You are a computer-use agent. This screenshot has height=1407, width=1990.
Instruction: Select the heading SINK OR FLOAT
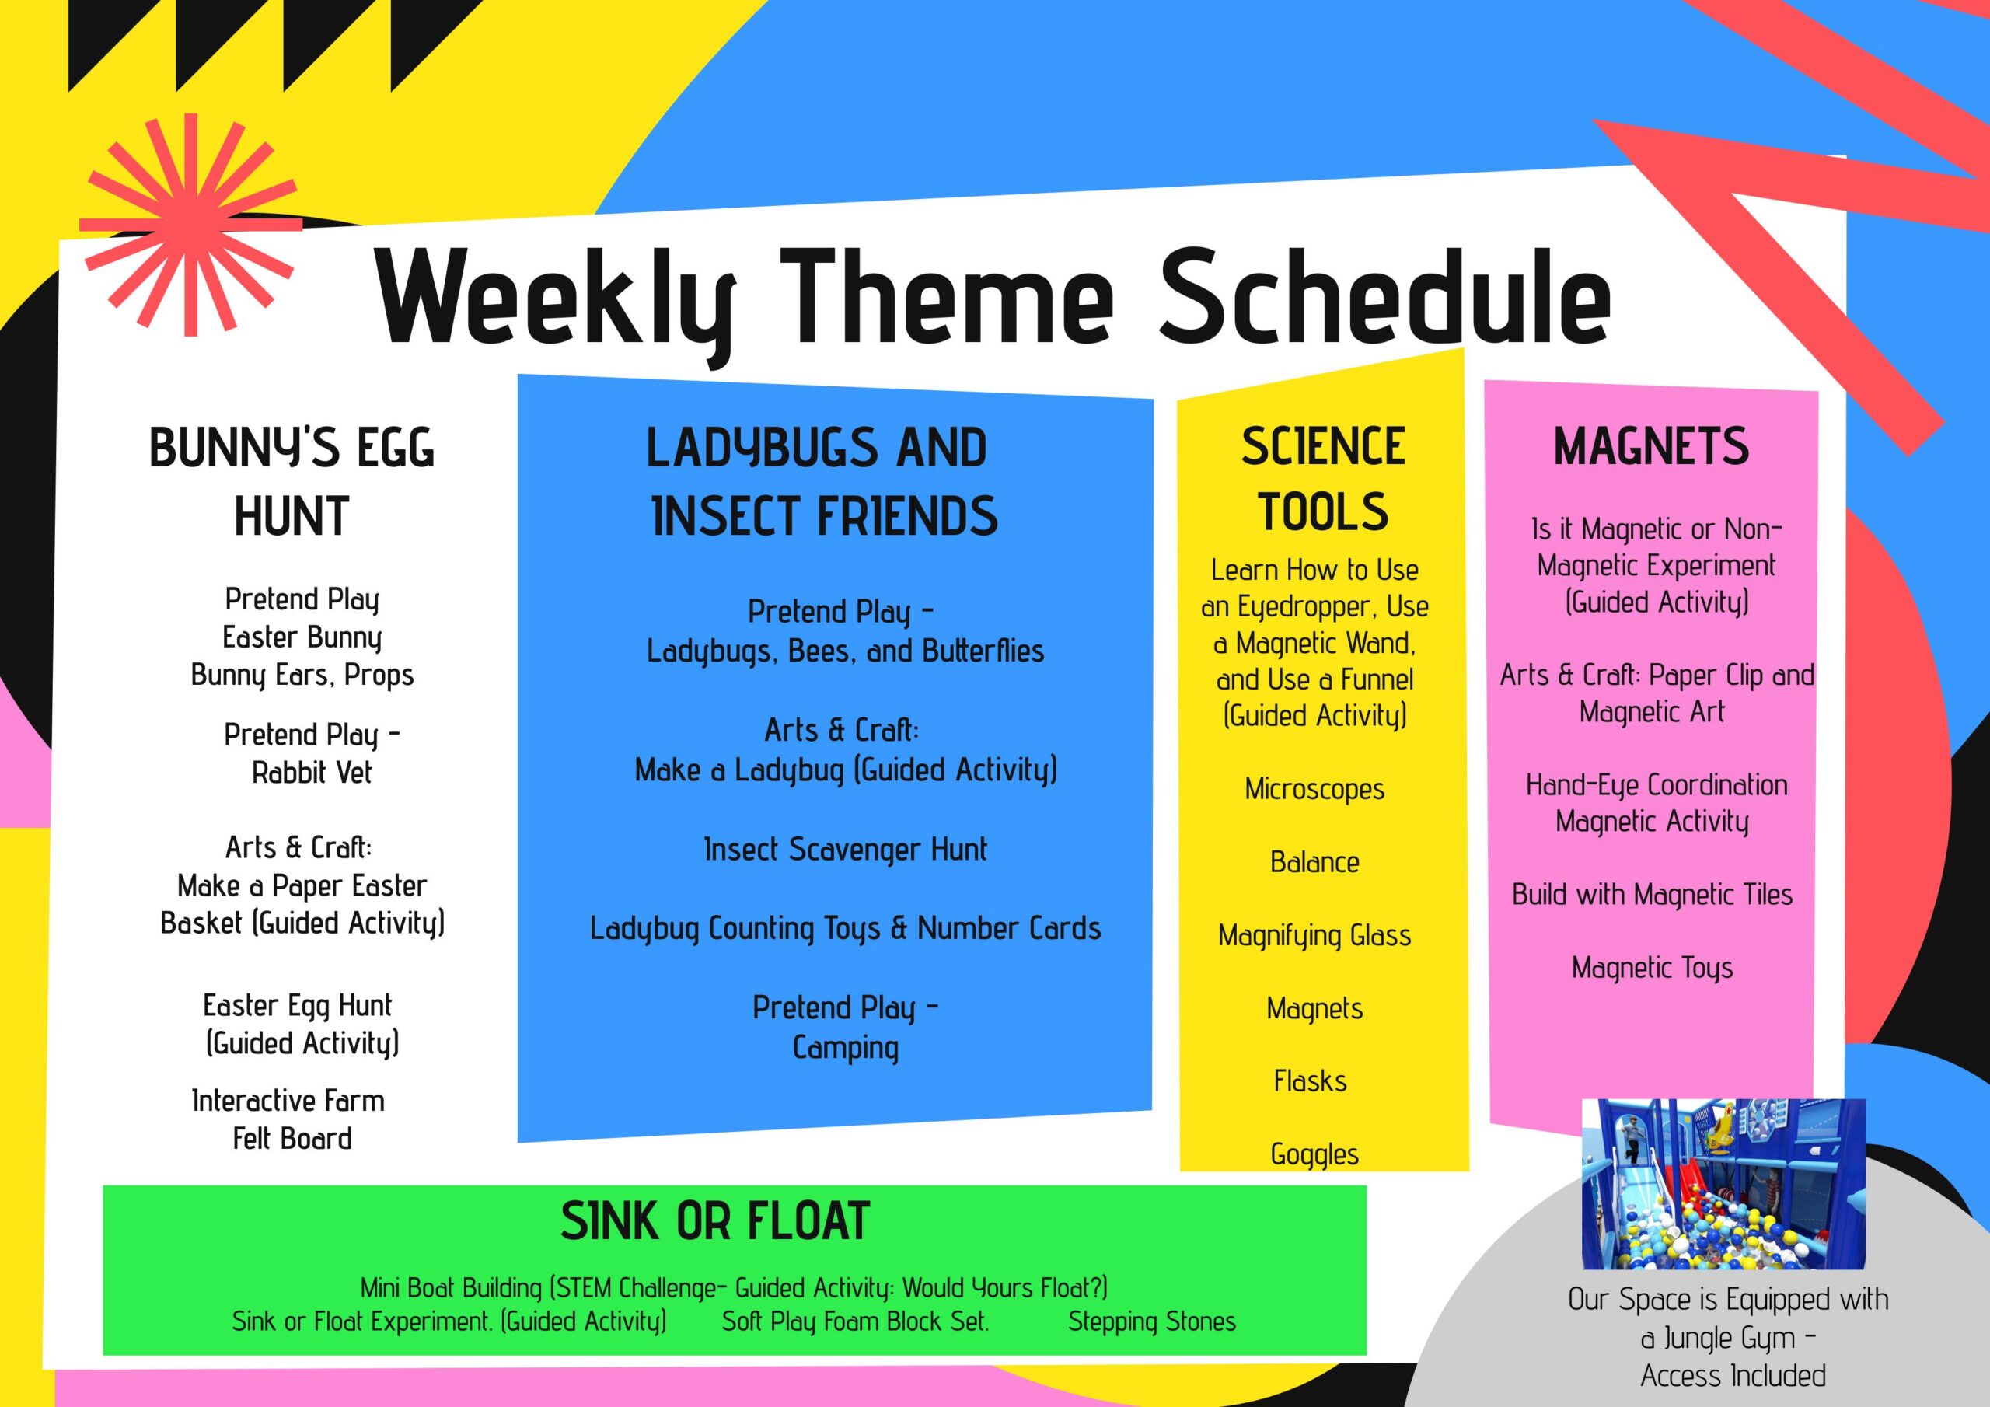715,1220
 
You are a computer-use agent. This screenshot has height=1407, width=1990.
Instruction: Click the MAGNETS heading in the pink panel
1651,446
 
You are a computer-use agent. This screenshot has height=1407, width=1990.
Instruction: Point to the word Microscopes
1314,789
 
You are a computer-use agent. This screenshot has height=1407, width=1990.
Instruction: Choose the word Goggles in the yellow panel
1314,1154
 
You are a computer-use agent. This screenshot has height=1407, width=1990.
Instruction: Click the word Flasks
1311,1081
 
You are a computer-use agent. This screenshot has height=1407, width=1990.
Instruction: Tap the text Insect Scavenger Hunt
845,850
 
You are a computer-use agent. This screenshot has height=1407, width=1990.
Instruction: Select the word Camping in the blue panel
845,1048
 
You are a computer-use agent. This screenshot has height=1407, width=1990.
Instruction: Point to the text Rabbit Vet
312,773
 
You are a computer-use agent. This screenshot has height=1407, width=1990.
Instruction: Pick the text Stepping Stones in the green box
1152,1321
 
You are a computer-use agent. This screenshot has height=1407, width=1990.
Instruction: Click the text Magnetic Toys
1652,968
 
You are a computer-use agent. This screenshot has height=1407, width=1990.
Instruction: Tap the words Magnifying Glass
1314,935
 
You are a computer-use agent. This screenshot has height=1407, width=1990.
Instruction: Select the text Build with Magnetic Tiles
1652,895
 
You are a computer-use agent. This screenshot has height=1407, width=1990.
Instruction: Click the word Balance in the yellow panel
1314,862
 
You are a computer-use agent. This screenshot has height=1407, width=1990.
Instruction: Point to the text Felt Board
293,1138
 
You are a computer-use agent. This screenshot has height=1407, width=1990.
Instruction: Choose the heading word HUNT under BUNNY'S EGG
292,517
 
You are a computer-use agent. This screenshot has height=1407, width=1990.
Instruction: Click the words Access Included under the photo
1733,1376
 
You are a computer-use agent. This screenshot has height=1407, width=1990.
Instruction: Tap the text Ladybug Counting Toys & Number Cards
845,928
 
